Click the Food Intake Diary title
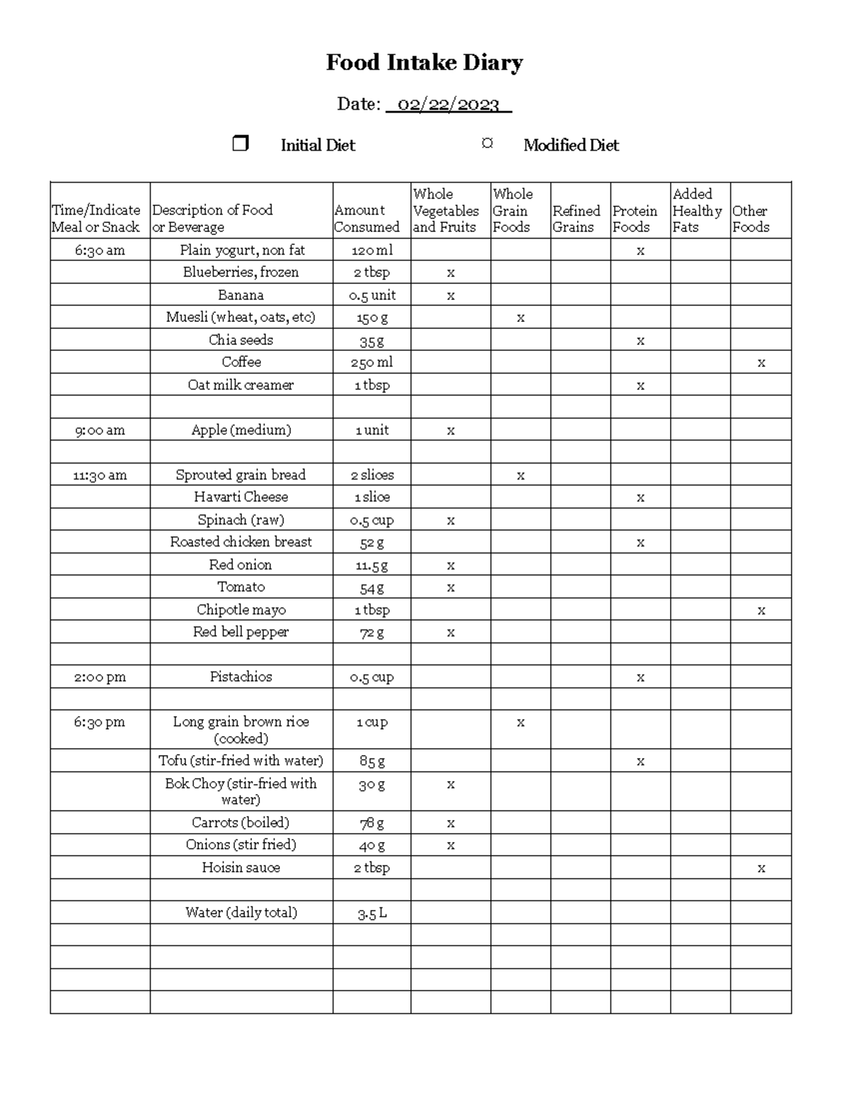pyautogui.click(x=424, y=63)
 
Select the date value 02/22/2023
pyautogui.click(x=448, y=105)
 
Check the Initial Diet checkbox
pyautogui.click(x=241, y=144)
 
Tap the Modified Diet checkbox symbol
pyautogui.click(x=487, y=144)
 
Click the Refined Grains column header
pyautogui.click(x=576, y=219)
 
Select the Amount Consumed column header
pyautogui.click(x=366, y=219)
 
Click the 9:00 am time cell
pyautogui.click(x=100, y=430)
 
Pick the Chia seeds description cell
pyautogui.click(x=241, y=340)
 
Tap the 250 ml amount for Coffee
pyautogui.click(x=371, y=362)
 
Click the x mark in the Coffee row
pyautogui.click(x=761, y=363)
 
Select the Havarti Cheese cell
pyautogui.click(x=241, y=497)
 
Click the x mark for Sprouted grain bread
pyautogui.click(x=521, y=476)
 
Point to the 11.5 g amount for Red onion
pyautogui.click(x=371, y=565)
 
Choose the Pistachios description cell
pyautogui.click(x=241, y=677)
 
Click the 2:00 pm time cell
pyautogui.click(x=100, y=677)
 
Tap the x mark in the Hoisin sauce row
pyautogui.click(x=761, y=868)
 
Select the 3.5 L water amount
pyautogui.click(x=371, y=913)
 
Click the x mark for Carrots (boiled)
pyautogui.click(x=451, y=824)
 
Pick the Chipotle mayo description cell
pyautogui.click(x=241, y=610)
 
